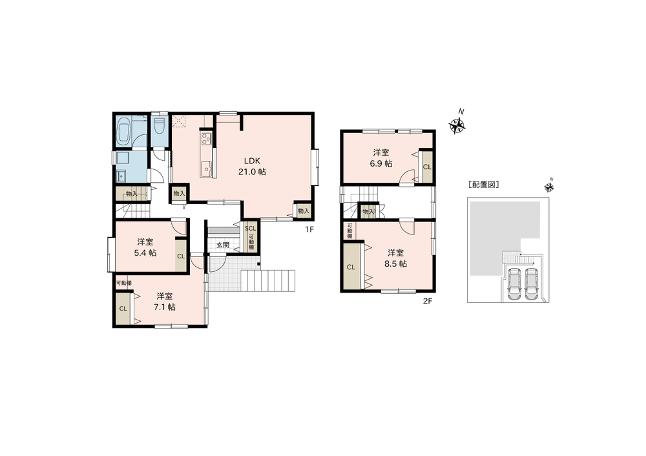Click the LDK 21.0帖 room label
pyautogui.click(x=252, y=166)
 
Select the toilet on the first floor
pyautogui.click(x=160, y=126)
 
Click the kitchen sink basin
pyautogui.click(x=206, y=169)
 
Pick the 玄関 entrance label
pyautogui.click(x=223, y=245)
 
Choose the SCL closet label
pyautogui.click(x=251, y=228)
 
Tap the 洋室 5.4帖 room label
pyautogui.click(x=145, y=247)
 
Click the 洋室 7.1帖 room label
pyautogui.click(x=164, y=302)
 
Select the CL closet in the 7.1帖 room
pyautogui.click(x=123, y=309)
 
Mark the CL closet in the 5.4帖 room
pyautogui.click(x=181, y=256)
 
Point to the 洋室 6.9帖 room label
pyautogui.click(x=381, y=158)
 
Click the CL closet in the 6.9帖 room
pyautogui.click(x=427, y=167)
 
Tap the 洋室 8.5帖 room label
pyautogui.click(x=395, y=258)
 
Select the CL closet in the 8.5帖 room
pyautogui.click(x=351, y=267)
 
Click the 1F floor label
pyautogui.click(x=309, y=229)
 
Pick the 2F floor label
pyautogui.click(x=428, y=301)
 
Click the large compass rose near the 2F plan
pyautogui.click(x=457, y=126)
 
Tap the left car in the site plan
pyautogui.click(x=514, y=284)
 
